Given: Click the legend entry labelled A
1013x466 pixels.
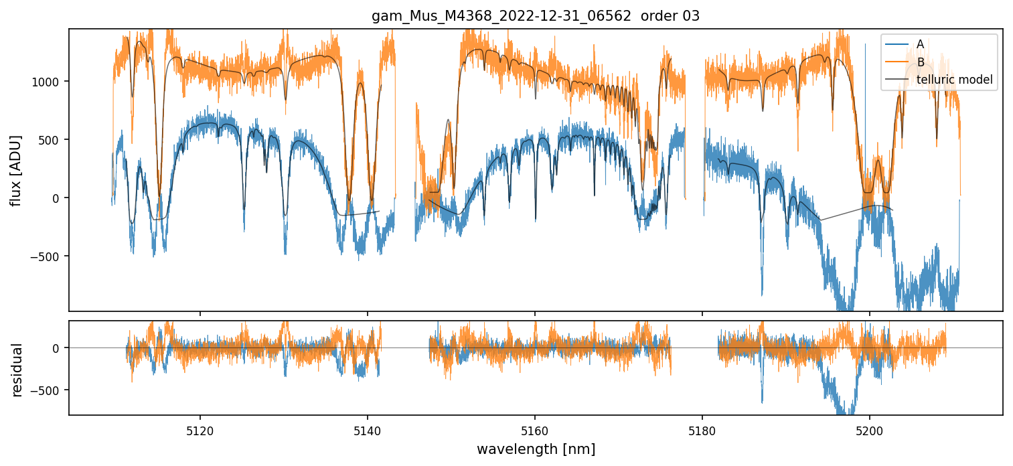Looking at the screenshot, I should pyautogui.click(x=920, y=44).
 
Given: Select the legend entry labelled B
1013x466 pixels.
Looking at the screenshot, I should pyautogui.click(x=921, y=62).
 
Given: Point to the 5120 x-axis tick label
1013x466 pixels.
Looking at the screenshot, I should pyautogui.click(x=200, y=431).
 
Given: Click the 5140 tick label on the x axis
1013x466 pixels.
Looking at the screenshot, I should pyautogui.click(x=367, y=431).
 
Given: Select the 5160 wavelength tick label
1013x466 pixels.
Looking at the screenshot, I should pyautogui.click(x=534, y=431).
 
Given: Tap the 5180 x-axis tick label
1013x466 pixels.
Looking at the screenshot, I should pyautogui.click(x=702, y=431).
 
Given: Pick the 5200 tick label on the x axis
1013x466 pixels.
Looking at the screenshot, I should pyautogui.click(x=869, y=431).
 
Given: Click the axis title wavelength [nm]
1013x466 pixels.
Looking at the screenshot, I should pyautogui.click(x=536, y=449).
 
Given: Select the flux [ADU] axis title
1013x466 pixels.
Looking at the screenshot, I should pyautogui.click(x=16, y=170).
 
